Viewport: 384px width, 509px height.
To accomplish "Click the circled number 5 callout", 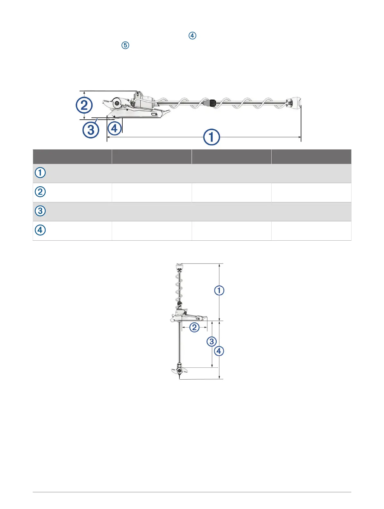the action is (125, 45).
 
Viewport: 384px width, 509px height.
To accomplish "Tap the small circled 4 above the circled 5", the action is (192, 36).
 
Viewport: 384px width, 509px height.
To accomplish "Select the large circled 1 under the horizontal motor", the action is (212, 137).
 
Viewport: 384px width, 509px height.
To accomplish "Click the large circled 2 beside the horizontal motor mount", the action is (84, 105).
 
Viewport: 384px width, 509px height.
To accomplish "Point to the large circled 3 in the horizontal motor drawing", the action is (91, 130).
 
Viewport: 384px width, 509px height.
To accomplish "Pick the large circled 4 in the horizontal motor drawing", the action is (115, 128).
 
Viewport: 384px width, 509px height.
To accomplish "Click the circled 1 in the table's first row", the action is (40, 173).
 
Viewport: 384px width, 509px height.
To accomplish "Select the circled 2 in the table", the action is (40, 192).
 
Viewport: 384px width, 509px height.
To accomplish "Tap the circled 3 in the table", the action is (40, 211).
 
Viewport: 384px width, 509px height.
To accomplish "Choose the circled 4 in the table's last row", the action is (40, 230).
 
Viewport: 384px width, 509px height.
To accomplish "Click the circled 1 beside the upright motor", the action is (219, 291).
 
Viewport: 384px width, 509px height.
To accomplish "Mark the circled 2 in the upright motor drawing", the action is (194, 328).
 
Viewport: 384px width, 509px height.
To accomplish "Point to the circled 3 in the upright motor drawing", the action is (212, 341).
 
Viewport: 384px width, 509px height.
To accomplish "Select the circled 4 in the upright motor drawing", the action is (219, 351).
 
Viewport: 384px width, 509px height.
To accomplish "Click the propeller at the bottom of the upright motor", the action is (179, 371).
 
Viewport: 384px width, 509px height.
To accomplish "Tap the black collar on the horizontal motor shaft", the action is (212, 103).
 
